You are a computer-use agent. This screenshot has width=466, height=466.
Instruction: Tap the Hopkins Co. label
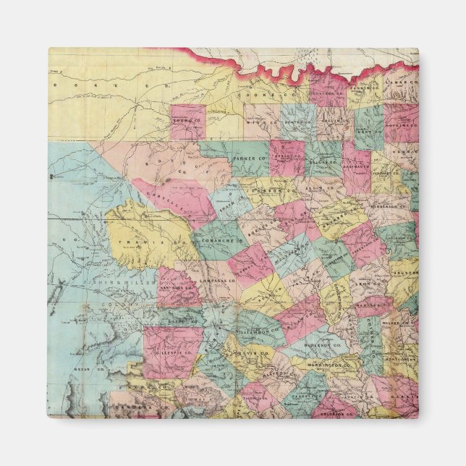click(x=402, y=125)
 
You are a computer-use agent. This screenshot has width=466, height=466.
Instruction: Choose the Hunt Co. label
click(x=369, y=135)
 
